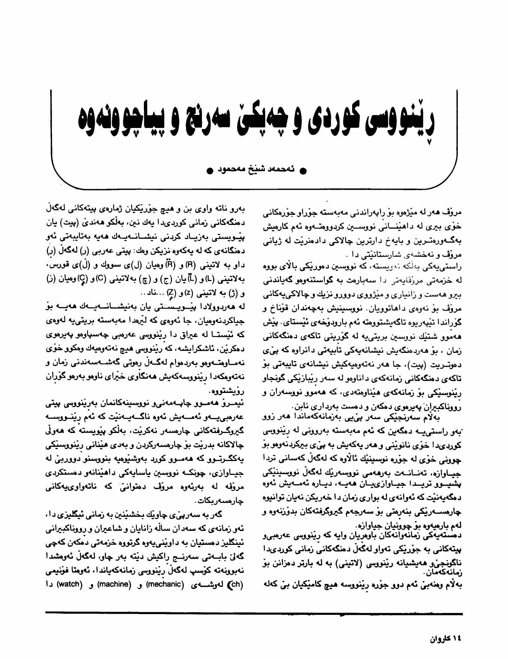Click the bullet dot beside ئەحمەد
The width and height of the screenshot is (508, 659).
304,170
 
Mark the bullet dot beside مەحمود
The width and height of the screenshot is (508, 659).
210,170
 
